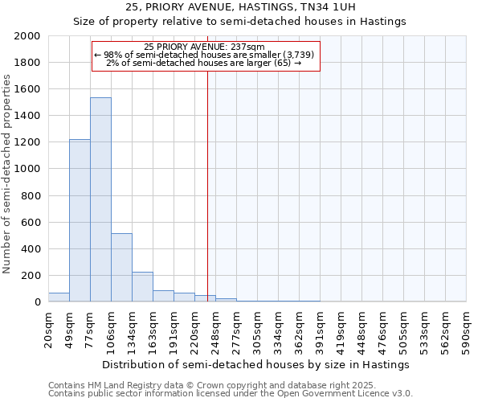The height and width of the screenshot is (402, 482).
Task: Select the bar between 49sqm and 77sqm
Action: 80,220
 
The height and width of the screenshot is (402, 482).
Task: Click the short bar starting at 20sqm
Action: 59,297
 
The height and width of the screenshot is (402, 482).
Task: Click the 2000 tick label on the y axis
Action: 28,36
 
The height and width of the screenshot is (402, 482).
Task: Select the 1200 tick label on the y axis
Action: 28,142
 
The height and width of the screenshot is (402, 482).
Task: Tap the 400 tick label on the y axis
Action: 31,249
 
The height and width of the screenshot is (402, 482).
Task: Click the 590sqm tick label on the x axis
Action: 467,329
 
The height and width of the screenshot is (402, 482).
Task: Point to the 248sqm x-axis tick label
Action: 215,329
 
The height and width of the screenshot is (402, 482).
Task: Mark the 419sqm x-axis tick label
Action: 341,329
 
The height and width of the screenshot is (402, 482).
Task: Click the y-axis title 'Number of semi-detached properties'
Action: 8,174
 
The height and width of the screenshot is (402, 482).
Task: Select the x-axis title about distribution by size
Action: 256,364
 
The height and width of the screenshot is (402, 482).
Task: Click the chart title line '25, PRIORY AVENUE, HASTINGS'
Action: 240,7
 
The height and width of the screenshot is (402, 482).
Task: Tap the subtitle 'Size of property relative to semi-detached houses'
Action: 240,22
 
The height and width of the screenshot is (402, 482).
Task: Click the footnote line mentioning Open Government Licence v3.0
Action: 231,394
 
